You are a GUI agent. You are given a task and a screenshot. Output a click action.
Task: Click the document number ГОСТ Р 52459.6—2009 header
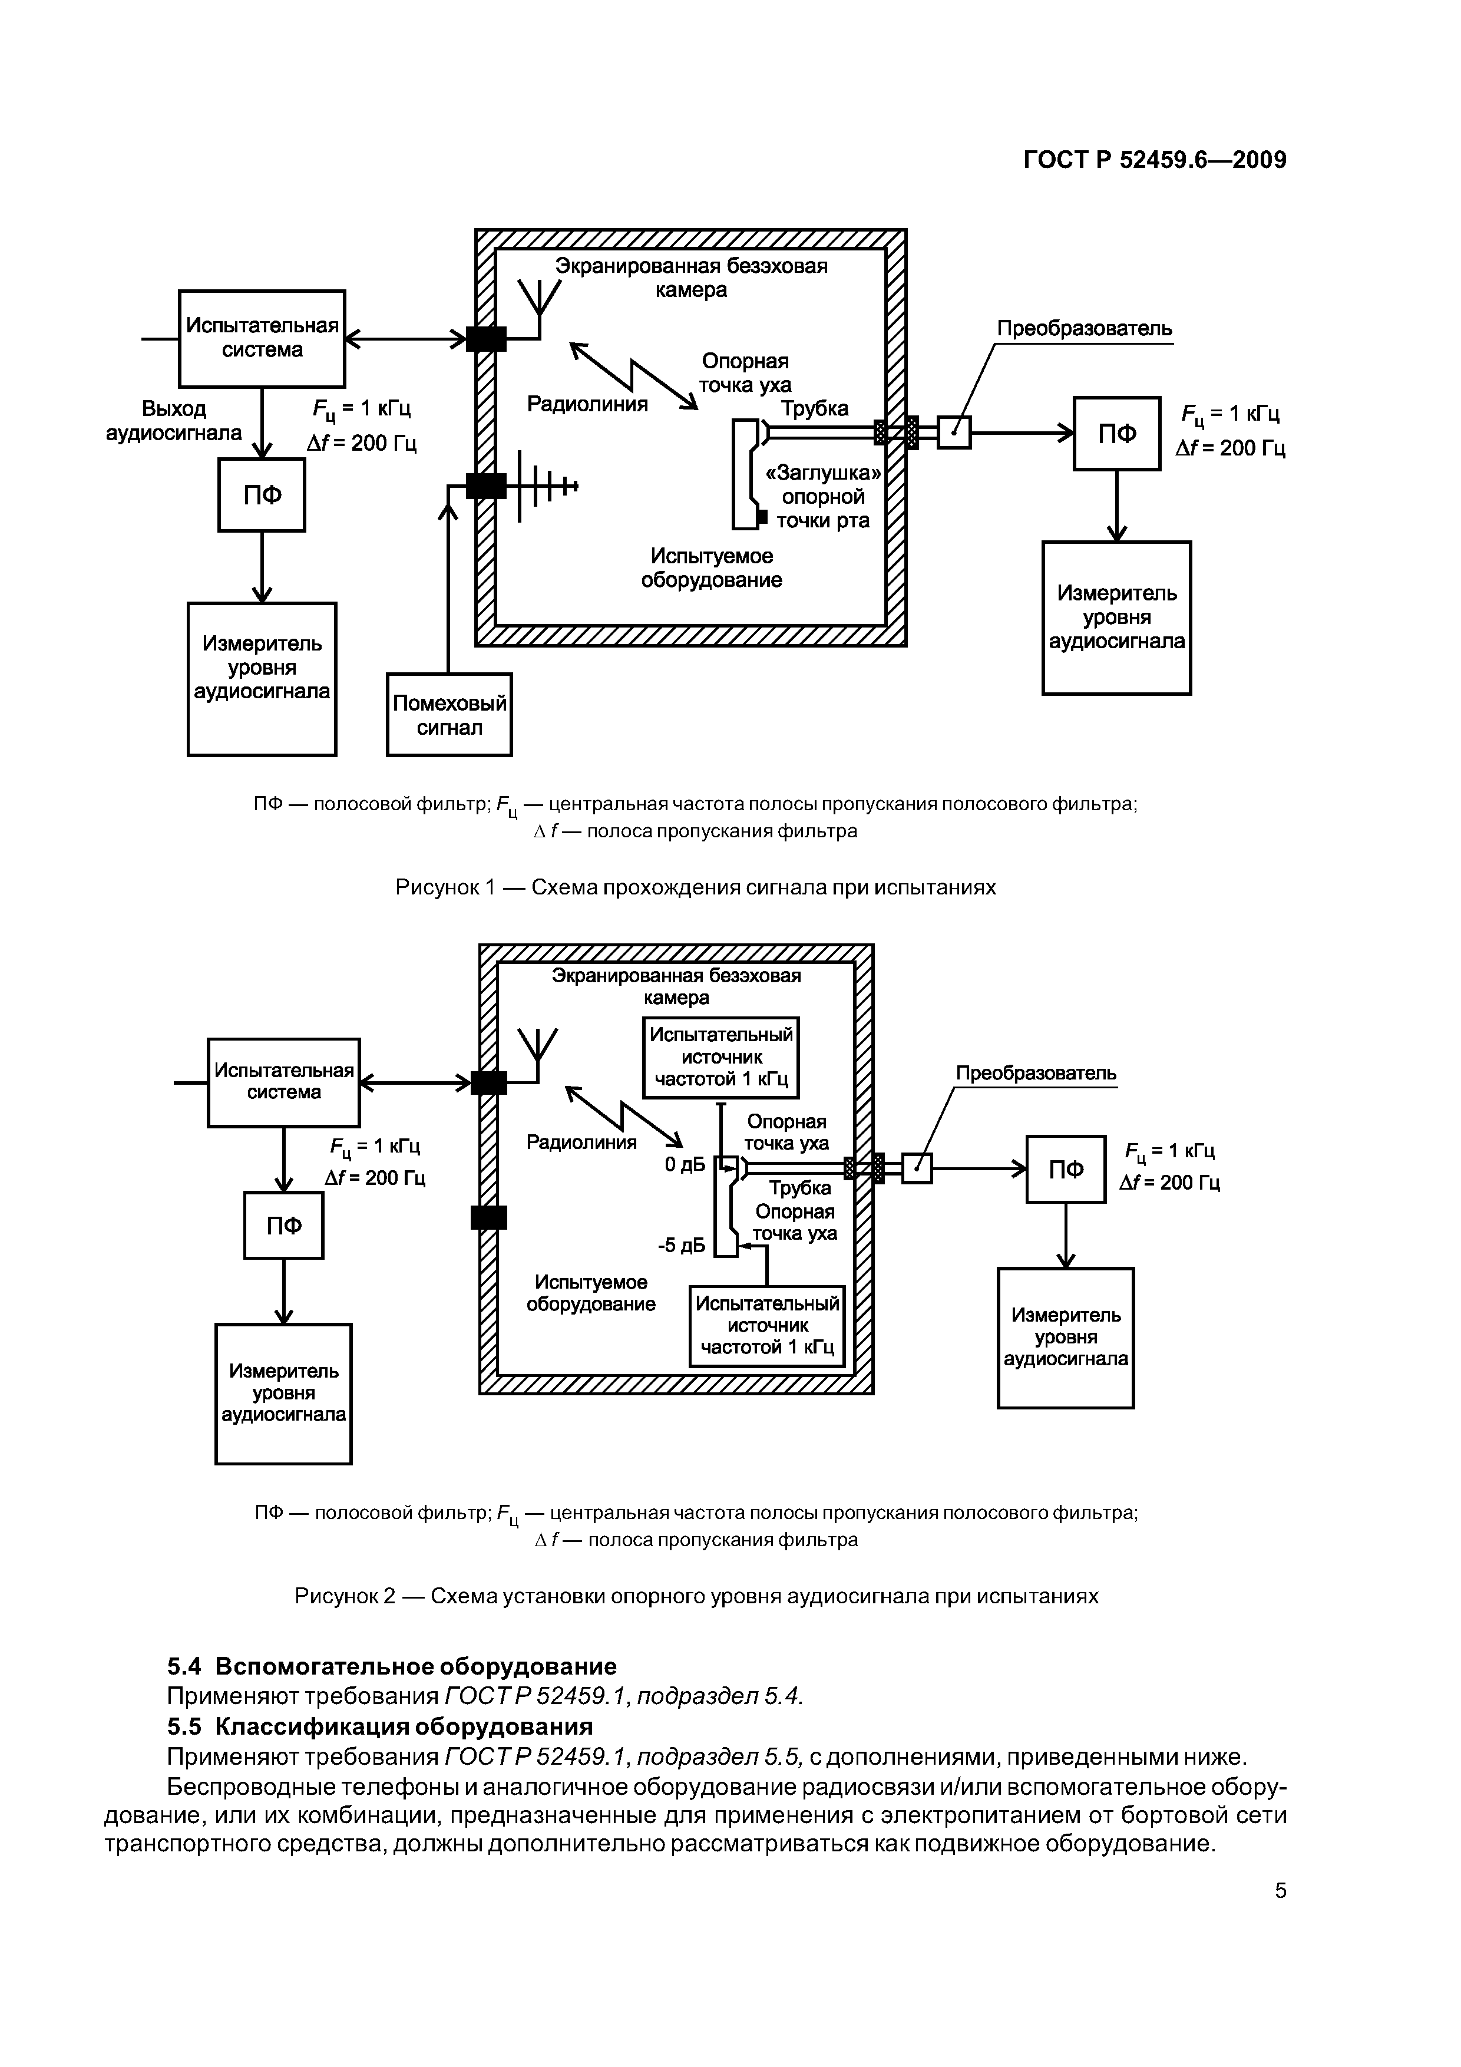click(x=1155, y=160)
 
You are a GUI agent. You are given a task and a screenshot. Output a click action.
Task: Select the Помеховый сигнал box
click(x=449, y=715)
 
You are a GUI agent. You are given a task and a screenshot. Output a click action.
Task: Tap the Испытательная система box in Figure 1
click(x=262, y=338)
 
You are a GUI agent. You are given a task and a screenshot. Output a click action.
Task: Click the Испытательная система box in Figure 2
click(x=283, y=1082)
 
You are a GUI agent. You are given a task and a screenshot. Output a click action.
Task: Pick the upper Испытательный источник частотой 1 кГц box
click(x=721, y=1057)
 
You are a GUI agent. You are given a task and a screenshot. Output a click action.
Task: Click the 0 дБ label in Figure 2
click(x=684, y=1165)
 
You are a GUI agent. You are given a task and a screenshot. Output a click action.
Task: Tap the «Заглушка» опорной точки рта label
click(x=822, y=497)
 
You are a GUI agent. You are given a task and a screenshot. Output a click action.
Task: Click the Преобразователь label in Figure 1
click(x=1084, y=329)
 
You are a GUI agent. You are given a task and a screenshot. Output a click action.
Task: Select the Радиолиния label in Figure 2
click(x=581, y=1143)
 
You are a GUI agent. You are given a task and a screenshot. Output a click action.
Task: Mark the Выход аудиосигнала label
click(x=174, y=421)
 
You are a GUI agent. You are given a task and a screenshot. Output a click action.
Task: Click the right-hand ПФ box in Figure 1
click(x=1116, y=434)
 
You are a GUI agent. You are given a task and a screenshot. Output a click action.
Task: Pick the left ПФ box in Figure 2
click(x=283, y=1225)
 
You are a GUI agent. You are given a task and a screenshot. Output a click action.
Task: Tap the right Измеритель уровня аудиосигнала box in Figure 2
click(x=1066, y=1337)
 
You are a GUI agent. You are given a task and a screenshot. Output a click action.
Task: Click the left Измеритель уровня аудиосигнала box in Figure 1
click(x=262, y=679)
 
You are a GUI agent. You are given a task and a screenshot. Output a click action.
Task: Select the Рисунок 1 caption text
click(x=695, y=887)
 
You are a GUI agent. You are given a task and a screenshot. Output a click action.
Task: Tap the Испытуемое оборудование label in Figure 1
click(x=711, y=568)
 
